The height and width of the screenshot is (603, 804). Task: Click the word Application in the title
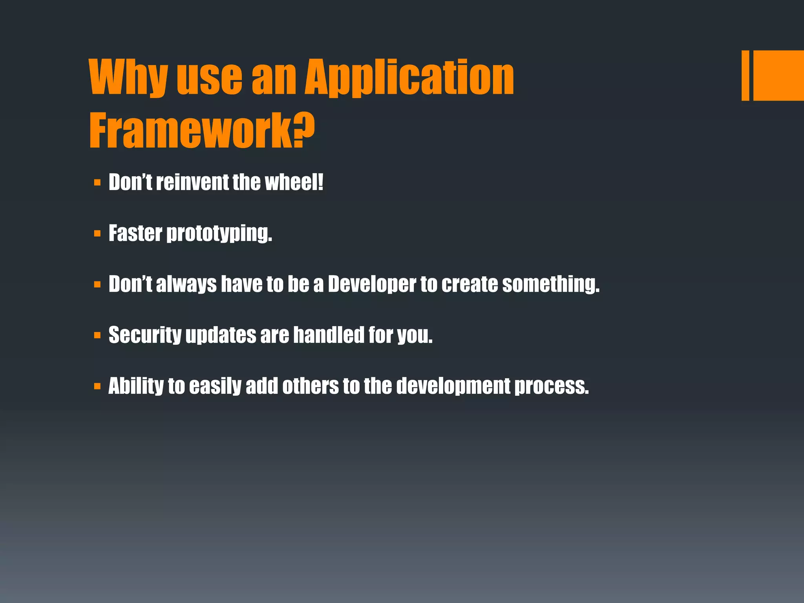409,77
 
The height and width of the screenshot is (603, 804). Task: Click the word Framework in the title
190,131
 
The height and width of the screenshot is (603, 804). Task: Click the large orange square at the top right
778,75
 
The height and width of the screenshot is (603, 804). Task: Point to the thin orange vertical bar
745,75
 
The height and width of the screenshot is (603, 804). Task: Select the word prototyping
219,234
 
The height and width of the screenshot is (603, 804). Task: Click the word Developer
371,284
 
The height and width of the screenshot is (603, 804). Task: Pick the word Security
145,335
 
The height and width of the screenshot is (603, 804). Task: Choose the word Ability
136,386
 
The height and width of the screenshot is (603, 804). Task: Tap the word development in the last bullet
453,386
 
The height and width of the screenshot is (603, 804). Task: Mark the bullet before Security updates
97,336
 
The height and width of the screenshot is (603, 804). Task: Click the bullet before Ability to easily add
97,387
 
